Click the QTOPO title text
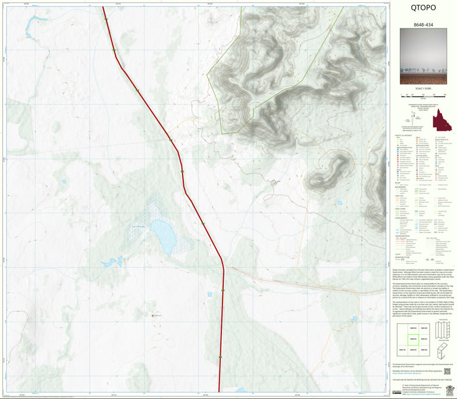422,8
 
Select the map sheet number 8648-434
422,26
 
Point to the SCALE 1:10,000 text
423,89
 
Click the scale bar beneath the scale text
423,95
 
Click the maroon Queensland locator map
441,121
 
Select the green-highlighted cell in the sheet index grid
414,339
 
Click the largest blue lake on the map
162,234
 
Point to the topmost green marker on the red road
106,20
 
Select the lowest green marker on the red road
220,357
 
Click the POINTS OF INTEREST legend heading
403,136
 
